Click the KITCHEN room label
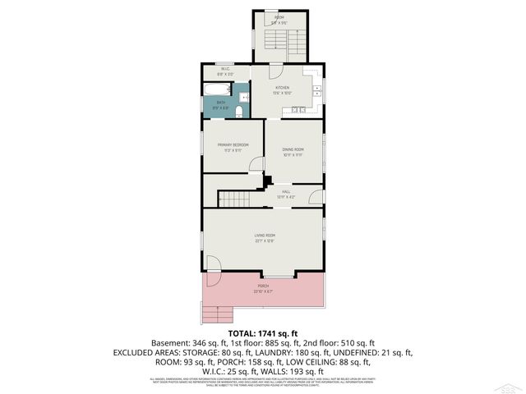[x=282, y=87]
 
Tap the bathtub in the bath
[x=218, y=89]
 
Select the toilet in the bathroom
[x=238, y=111]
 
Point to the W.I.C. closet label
[x=224, y=68]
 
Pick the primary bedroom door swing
[x=256, y=163]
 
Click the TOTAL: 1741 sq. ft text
[x=262, y=332]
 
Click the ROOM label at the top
[x=279, y=17]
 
